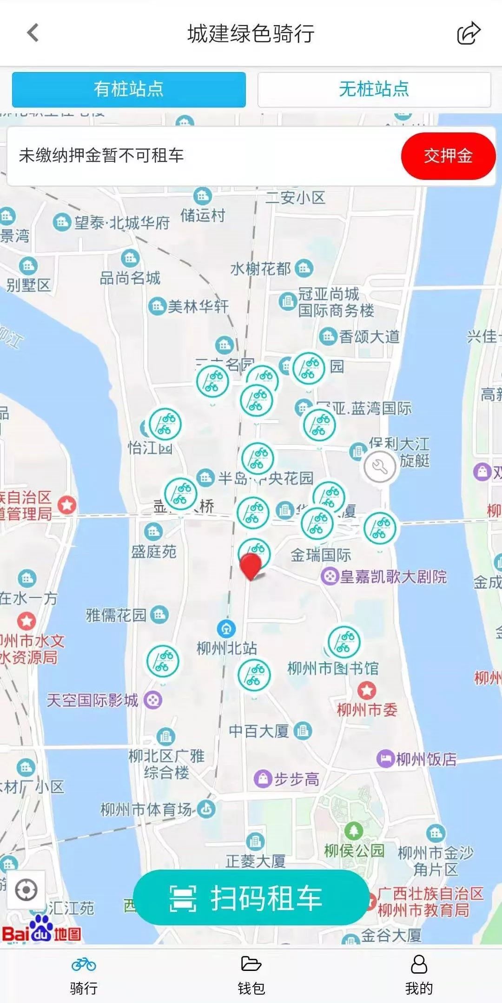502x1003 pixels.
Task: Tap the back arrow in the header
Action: pyautogui.click(x=33, y=33)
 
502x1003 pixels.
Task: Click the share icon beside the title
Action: pyautogui.click(x=469, y=33)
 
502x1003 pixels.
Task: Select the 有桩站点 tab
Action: pyautogui.click(x=129, y=89)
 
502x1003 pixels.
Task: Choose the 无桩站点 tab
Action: pyautogui.click(x=374, y=89)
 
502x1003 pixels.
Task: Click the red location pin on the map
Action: pyautogui.click(x=251, y=565)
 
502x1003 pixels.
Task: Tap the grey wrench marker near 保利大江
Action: pyautogui.click(x=380, y=467)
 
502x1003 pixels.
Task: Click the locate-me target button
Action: pyautogui.click(x=26, y=890)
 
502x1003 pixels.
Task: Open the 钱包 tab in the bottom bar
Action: pyautogui.click(x=251, y=974)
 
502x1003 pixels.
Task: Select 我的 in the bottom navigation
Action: pyautogui.click(x=418, y=974)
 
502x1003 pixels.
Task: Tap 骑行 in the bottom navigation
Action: pyautogui.click(x=84, y=974)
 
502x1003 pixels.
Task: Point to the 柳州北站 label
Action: pyautogui.click(x=227, y=647)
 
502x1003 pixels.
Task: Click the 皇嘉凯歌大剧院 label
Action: pyautogui.click(x=393, y=577)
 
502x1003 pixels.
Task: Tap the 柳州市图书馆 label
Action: pyautogui.click(x=333, y=668)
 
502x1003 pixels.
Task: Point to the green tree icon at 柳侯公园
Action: pyautogui.click(x=353, y=831)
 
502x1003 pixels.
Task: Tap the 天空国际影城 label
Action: pyautogui.click(x=92, y=700)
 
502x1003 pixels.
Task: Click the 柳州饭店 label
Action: pyautogui.click(x=426, y=759)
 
